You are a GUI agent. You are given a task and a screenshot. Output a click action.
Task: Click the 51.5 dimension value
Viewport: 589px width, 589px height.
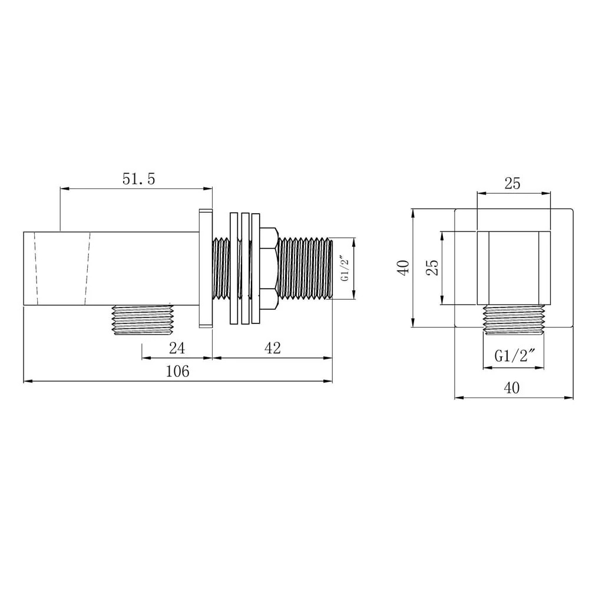(x=138, y=179)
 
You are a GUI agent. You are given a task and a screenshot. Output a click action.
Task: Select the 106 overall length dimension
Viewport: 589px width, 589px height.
(x=178, y=372)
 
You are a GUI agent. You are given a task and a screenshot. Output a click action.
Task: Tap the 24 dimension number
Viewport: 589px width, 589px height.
(x=177, y=348)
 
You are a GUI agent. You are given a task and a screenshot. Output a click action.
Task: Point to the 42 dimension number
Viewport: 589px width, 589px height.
(x=273, y=348)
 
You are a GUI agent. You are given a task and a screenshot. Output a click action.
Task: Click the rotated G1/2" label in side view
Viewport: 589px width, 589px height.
(x=345, y=268)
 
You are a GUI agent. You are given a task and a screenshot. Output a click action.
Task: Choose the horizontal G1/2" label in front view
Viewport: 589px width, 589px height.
(x=514, y=355)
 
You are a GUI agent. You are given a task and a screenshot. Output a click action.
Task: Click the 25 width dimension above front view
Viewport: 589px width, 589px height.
(x=513, y=184)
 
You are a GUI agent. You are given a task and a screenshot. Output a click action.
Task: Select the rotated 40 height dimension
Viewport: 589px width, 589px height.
(x=404, y=267)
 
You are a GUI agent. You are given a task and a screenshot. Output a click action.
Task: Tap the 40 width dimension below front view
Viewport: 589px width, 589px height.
(x=512, y=388)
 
